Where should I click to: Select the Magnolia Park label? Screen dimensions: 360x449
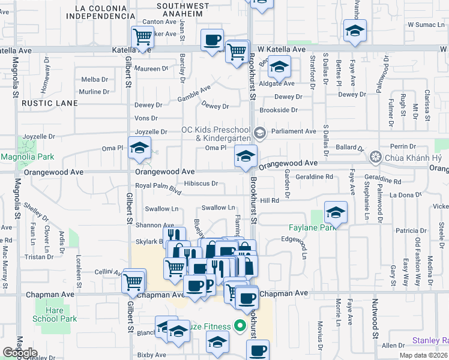coord(27,157)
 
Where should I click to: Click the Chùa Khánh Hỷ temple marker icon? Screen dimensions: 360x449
coord(375,157)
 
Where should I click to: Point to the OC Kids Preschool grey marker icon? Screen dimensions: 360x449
coord(259,132)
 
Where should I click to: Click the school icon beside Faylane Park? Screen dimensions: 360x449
coord(336,212)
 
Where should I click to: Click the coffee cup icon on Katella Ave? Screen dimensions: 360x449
coord(212,40)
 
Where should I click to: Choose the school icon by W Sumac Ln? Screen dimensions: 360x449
coord(355,31)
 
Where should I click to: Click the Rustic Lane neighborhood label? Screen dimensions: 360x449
coord(50,103)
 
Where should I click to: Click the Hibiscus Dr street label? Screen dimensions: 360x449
coord(200,184)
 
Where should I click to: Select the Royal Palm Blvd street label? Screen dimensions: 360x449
coord(158,188)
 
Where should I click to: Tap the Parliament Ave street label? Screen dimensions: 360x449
coord(293,131)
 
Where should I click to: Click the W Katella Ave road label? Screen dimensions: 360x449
coord(282,49)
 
